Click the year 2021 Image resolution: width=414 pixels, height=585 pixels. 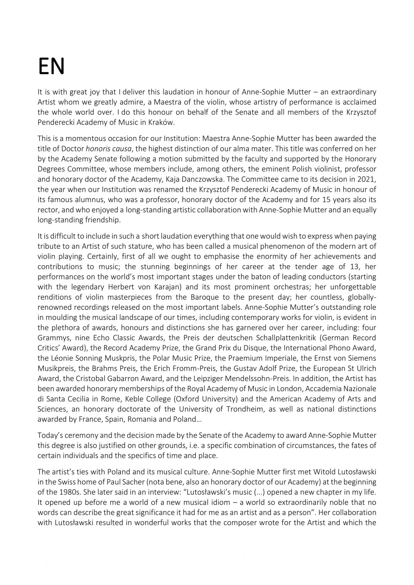[369, 179]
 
